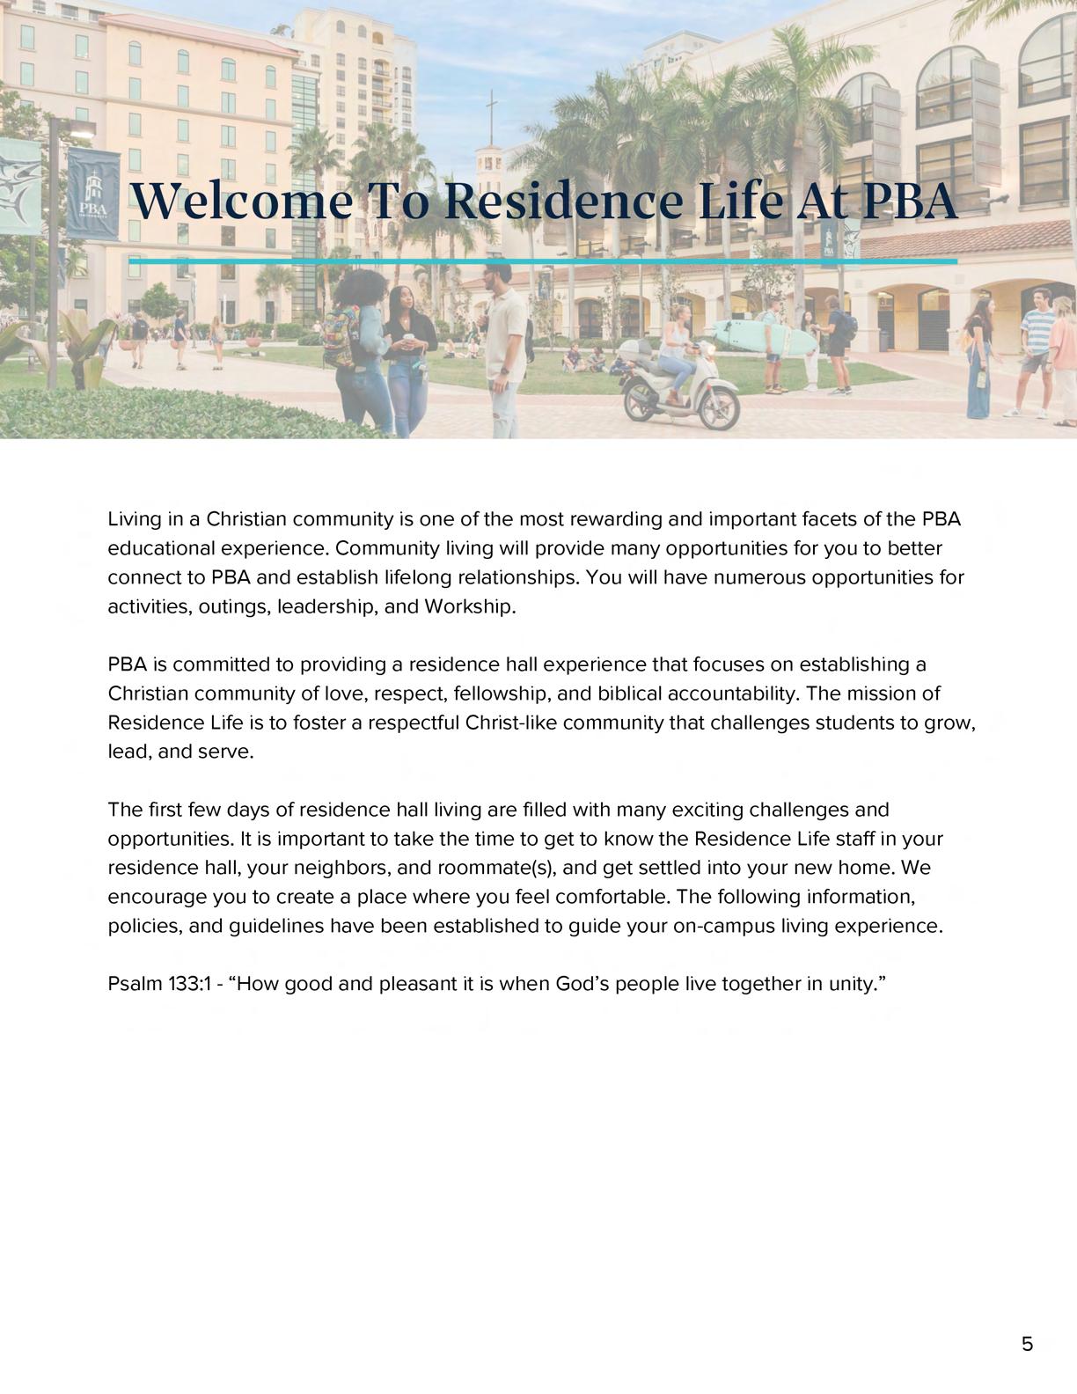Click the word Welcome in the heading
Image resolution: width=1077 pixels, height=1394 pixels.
click(x=240, y=201)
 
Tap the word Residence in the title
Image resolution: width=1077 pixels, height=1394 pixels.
click(x=564, y=201)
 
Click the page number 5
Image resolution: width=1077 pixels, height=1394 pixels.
click(x=1027, y=1344)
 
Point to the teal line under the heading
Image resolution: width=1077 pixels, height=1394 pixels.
click(x=542, y=261)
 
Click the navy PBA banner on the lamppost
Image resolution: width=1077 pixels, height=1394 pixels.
click(x=93, y=194)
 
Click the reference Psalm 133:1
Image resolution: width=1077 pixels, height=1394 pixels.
click(x=159, y=984)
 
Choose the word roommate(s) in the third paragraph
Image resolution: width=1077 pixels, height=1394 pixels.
click(x=502, y=868)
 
